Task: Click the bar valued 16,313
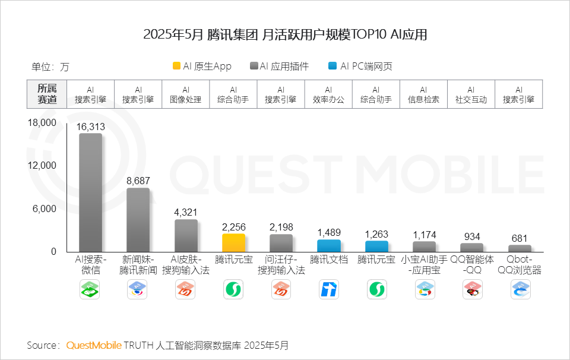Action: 91,192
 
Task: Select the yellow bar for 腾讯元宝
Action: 233,242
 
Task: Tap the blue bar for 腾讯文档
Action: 328,245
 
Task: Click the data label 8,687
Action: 138,179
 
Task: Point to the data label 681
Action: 519,238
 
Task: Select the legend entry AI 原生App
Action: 202,67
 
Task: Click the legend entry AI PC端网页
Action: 360,67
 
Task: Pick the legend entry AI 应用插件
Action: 280,67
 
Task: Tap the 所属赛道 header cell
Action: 47,94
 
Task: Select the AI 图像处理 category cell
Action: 186,94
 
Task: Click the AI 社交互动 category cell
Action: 471,94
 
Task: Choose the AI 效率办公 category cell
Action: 328,94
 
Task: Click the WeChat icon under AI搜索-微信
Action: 90,290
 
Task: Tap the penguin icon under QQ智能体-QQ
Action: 471,290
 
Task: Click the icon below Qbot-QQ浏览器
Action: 520,290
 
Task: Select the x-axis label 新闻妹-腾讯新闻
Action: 138,265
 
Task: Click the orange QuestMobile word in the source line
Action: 94,345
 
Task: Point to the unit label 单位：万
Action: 50,67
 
